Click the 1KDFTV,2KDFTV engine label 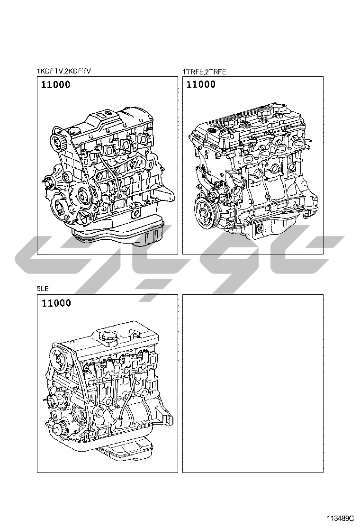coord(64,71)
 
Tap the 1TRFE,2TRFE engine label coord(204,72)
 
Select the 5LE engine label coord(43,288)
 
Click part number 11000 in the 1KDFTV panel coord(56,84)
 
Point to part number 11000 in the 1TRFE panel coord(201,84)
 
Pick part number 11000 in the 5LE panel coord(56,303)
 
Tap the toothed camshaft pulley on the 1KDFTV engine coord(58,142)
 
